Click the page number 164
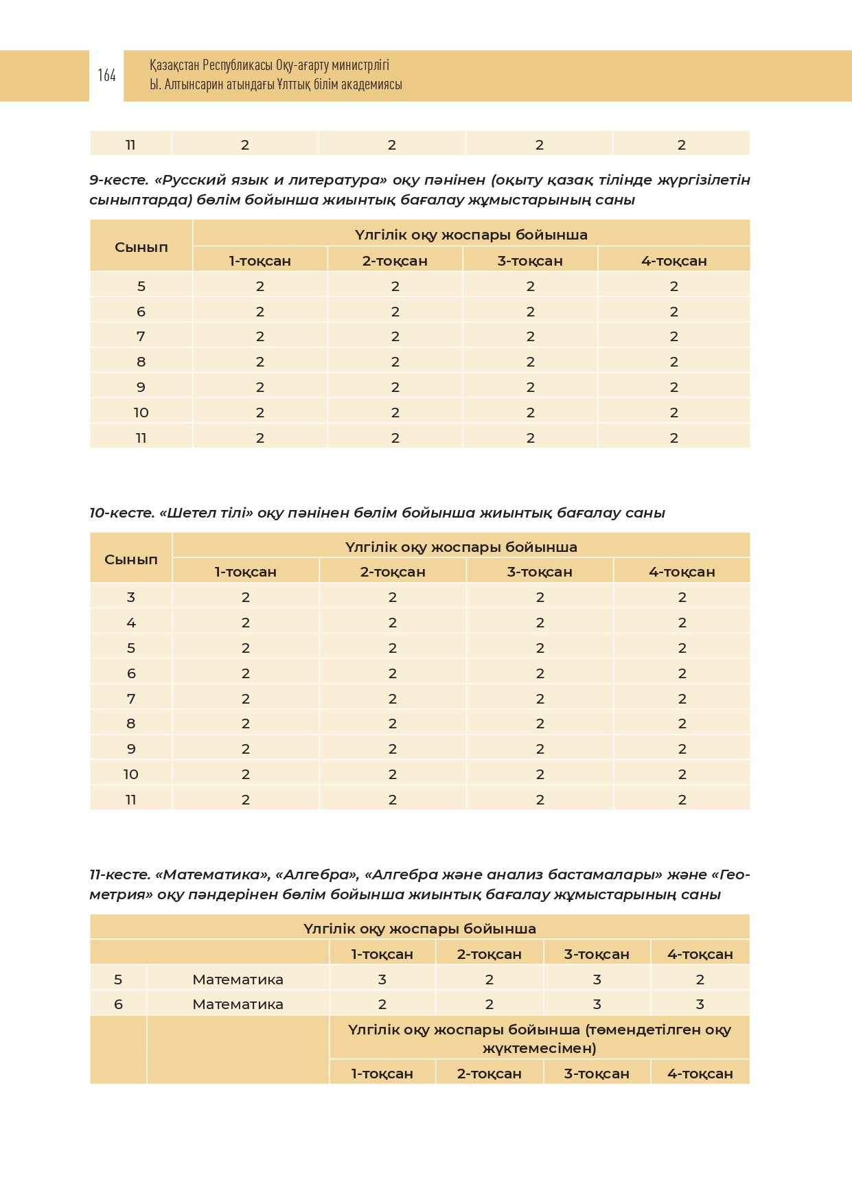pos(106,76)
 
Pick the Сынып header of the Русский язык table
pos(141,247)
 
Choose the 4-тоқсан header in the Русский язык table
pos(673,261)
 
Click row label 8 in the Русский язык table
pos(141,362)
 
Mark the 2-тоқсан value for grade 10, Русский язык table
pos(395,413)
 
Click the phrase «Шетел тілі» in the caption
pos(206,513)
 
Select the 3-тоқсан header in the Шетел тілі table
pos(540,572)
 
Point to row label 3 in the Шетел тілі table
pos(131,597)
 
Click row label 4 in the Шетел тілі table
pos(131,623)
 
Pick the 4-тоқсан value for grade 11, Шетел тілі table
pos(682,800)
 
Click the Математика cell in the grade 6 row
pos(238,1004)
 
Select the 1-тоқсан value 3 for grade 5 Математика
pos(382,980)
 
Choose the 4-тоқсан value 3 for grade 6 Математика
pos(700,1004)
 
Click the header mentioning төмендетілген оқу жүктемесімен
pos(539,1039)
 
